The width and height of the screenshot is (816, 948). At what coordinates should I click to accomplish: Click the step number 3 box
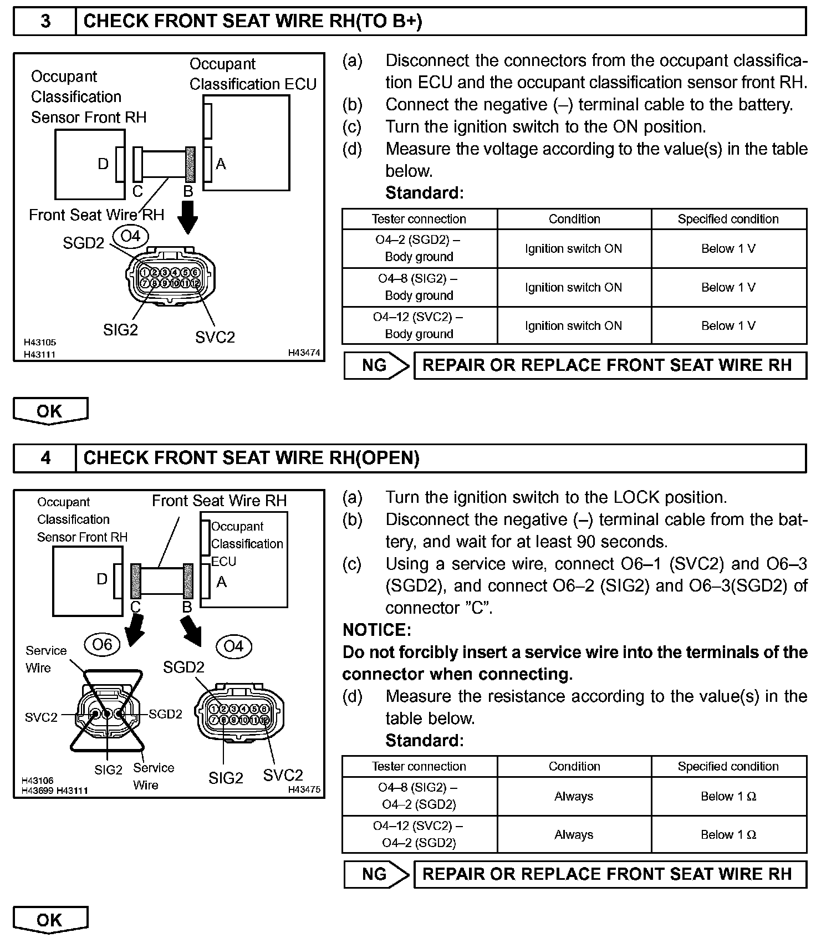click(x=45, y=21)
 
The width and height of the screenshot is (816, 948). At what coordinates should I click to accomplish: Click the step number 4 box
click(x=45, y=458)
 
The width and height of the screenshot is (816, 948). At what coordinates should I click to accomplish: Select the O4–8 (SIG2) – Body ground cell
click(x=419, y=287)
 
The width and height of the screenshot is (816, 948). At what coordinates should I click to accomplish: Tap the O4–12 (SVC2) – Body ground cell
click(x=419, y=325)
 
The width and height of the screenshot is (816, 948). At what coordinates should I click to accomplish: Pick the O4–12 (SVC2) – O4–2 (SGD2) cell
click(x=419, y=834)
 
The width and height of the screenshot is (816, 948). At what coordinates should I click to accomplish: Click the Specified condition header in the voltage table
click(x=728, y=219)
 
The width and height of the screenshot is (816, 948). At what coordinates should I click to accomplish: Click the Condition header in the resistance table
click(x=574, y=766)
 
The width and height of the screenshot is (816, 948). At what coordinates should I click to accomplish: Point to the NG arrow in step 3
click(x=376, y=365)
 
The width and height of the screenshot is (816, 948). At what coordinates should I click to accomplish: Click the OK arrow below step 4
click(x=50, y=920)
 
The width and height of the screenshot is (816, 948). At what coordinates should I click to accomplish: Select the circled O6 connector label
click(x=102, y=645)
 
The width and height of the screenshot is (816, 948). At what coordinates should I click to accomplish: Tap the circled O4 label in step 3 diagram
click(x=131, y=236)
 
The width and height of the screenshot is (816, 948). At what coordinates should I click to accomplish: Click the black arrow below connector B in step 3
click(x=189, y=217)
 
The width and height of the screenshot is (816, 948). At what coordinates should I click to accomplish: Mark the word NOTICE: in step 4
click(x=377, y=630)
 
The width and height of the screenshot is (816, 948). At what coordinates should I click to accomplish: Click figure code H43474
click(x=304, y=353)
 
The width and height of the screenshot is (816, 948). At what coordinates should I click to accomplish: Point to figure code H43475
click(x=304, y=789)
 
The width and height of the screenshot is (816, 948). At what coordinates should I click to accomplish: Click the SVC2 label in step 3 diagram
click(x=215, y=337)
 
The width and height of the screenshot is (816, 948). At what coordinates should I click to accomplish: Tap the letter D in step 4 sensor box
click(x=102, y=579)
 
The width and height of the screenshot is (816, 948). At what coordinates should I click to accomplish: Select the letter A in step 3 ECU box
click(x=221, y=164)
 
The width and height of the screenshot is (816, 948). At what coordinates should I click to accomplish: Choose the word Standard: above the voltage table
click(x=424, y=193)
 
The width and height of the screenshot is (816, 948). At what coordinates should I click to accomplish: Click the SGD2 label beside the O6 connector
click(x=165, y=714)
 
